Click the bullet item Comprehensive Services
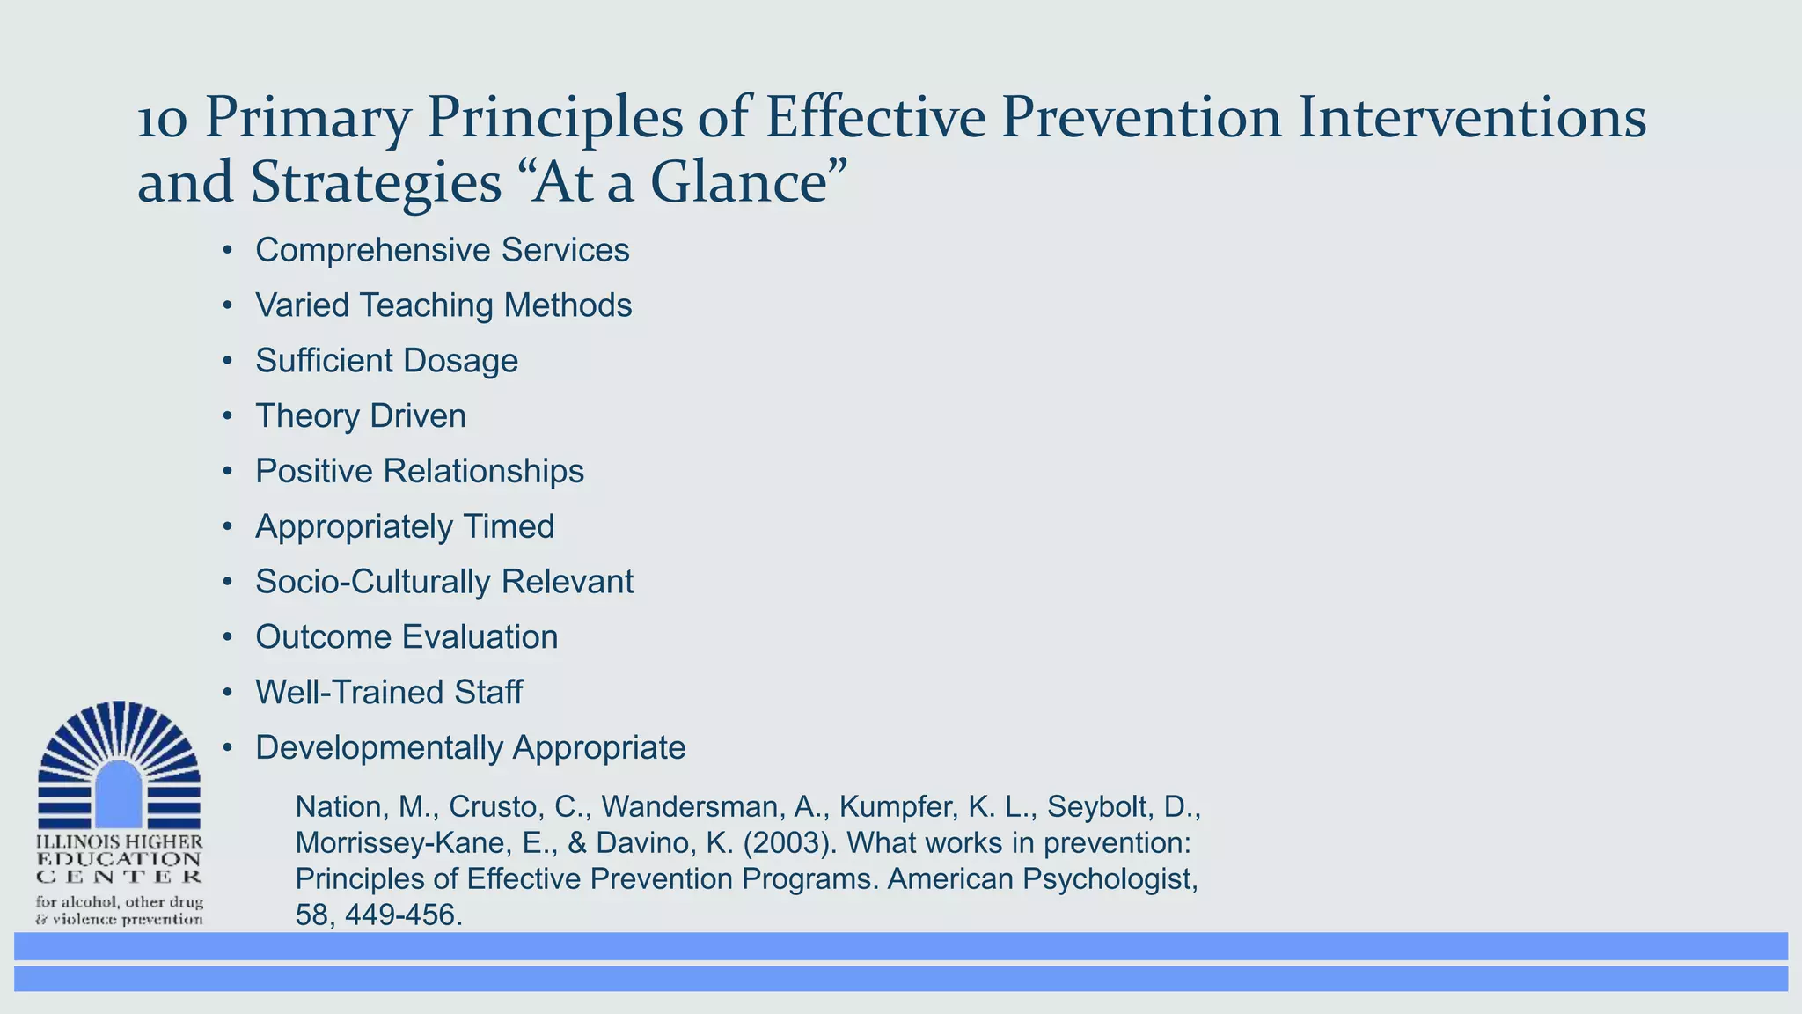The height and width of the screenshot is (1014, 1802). coord(442,250)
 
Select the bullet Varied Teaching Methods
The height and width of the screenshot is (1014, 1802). coord(443,305)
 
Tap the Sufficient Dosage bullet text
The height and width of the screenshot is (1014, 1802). coord(386,361)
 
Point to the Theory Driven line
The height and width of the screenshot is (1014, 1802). coord(360,416)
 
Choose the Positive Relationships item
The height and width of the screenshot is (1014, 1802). coord(419,472)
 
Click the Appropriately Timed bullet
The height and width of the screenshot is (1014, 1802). coord(405,526)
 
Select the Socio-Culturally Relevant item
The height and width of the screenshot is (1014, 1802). coord(443,582)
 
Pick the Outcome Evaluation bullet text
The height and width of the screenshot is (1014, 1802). coord(407,637)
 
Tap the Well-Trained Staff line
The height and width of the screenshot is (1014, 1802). coord(388,693)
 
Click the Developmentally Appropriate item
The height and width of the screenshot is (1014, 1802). coord(470,748)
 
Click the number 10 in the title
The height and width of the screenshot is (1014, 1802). coord(163,120)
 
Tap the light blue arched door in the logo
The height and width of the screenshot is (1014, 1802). coord(118,793)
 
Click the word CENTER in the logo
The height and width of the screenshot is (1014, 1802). coord(119,877)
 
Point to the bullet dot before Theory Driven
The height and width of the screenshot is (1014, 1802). coord(227,416)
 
